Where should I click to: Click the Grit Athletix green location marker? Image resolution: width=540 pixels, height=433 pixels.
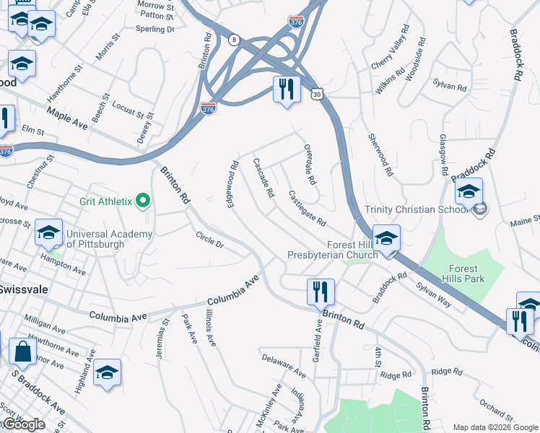pyautogui.click(x=143, y=201)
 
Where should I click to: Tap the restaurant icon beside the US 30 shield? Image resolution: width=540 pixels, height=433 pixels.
pyautogui.click(x=287, y=89)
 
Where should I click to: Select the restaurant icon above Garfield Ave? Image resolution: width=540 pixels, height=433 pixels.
pyautogui.click(x=321, y=292)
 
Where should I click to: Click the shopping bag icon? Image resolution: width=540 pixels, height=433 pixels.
pyautogui.click(x=22, y=352)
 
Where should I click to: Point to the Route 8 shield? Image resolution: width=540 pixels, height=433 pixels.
pyautogui.click(x=235, y=42)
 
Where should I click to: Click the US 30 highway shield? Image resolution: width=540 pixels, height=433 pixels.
pyautogui.click(x=318, y=94)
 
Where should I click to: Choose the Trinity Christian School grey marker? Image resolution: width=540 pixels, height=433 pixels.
pyautogui.click(x=479, y=210)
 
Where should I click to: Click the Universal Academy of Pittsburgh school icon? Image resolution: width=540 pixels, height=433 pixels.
pyautogui.click(x=48, y=233)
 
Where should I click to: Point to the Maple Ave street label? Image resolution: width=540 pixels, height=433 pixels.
pyautogui.click(x=67, y=119)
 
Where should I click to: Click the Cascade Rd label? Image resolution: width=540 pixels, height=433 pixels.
pyautogui.click(x=264, y=178)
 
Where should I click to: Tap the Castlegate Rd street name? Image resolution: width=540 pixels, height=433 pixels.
pyautogui.click(x=308, y=207)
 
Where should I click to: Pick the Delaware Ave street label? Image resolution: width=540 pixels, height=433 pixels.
pyautogui.click(x=284, y=365)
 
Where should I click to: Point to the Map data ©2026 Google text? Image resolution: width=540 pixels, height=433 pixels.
pyautogui.click(x=495, y=427)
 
